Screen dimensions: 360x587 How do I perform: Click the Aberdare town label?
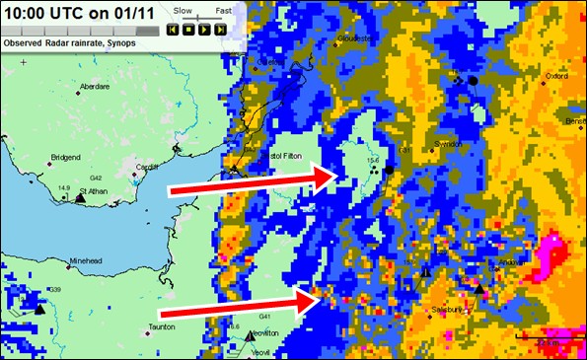[101, 86]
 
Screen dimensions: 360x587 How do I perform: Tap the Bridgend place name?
[66, 157]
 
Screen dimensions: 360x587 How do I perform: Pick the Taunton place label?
[161, 325]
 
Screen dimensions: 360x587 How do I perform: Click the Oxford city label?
[556, 75]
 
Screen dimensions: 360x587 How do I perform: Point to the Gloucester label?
[351, 38]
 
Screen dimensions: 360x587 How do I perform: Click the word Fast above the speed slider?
[224, 9]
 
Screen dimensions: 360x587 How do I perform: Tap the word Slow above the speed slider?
[183, 9]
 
